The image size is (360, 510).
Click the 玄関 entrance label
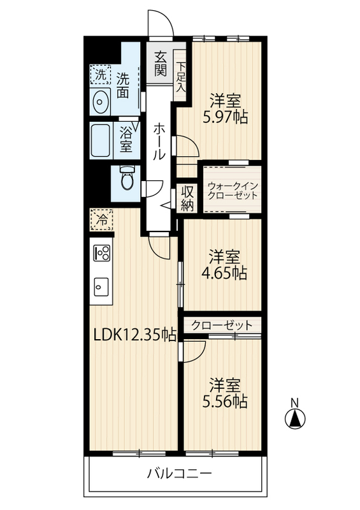161,64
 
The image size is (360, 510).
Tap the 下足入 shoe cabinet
181,76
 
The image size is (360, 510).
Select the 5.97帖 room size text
226,117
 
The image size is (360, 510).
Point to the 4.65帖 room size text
224,273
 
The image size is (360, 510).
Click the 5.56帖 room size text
225,402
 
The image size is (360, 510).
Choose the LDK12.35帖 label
135,335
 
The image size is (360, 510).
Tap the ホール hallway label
159,141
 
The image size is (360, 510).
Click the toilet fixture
127,177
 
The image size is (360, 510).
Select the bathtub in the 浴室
100,141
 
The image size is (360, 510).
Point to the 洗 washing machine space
100,75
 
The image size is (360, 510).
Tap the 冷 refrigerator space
102,220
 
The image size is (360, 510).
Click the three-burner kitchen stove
102,252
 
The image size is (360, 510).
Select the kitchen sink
101,286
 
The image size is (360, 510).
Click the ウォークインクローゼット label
233,191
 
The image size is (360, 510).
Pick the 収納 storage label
187,198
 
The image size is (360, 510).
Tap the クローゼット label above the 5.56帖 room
222,325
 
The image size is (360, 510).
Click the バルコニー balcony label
179,474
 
